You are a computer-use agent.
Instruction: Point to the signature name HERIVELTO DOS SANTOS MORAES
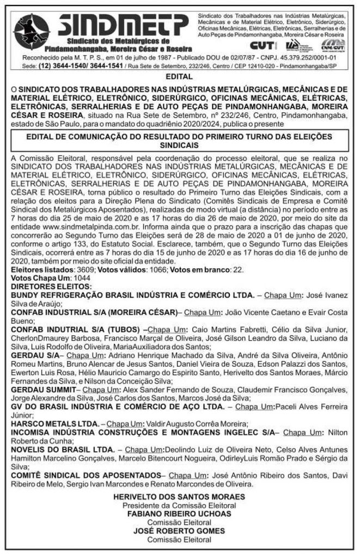pos(179,497)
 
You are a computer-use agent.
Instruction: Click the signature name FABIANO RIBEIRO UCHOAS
pos(179,513)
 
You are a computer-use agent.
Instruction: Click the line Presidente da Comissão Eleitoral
pos(179,505)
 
